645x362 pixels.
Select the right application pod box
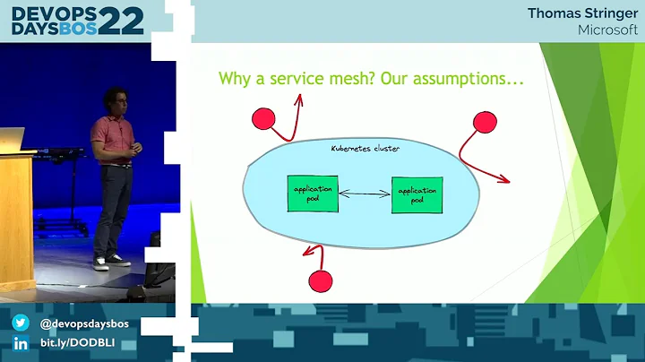417,194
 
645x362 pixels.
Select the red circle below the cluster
321,280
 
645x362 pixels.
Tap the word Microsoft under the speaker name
605,30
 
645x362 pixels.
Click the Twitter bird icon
20,323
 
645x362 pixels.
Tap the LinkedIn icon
20,344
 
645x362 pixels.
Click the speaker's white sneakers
107,261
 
